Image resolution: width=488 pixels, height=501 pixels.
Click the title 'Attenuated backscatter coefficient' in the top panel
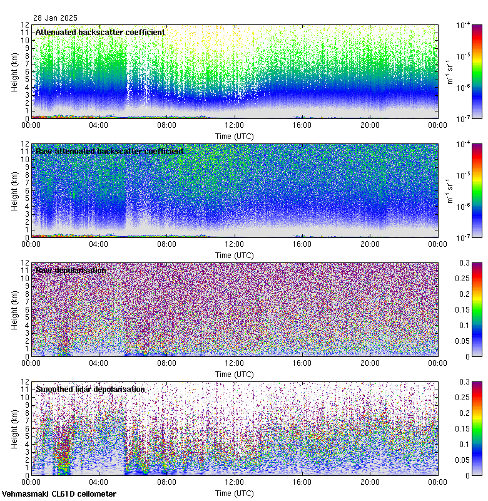point(100,32)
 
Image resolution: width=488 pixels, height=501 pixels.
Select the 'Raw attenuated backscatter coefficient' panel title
point(109,151)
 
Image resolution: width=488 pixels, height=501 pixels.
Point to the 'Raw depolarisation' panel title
point(70,270)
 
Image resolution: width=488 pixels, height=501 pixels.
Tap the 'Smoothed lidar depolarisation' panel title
point(90,389)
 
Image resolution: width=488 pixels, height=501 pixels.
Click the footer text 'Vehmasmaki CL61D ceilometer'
point(59,494)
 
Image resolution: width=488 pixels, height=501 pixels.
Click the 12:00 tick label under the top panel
point(234,125)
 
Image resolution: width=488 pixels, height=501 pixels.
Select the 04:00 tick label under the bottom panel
point(99,482)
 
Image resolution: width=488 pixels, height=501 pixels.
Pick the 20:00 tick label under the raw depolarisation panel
point(370,363)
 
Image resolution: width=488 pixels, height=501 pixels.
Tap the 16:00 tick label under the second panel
point(302,244)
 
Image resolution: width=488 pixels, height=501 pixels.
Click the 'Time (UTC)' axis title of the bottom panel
point(234,493)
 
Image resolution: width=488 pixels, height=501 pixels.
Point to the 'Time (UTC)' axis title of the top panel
point(234,136)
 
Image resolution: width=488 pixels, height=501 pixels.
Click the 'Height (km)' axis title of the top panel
point(14,71)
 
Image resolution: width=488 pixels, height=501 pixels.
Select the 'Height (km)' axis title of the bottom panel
point(14,428)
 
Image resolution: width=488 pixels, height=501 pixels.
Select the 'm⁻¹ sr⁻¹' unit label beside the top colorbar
point(449,71)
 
